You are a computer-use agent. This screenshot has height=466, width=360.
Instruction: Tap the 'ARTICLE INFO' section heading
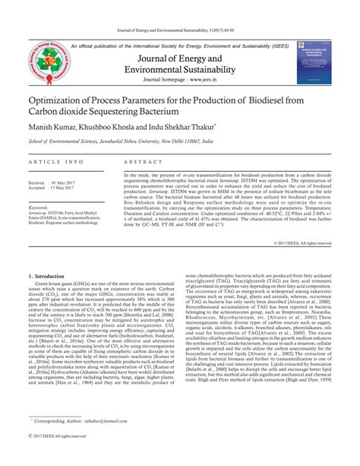(55, 163)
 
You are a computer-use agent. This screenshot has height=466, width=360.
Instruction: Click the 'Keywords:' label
(39, 206)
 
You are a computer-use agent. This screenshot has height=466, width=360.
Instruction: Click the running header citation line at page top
(180, 30)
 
